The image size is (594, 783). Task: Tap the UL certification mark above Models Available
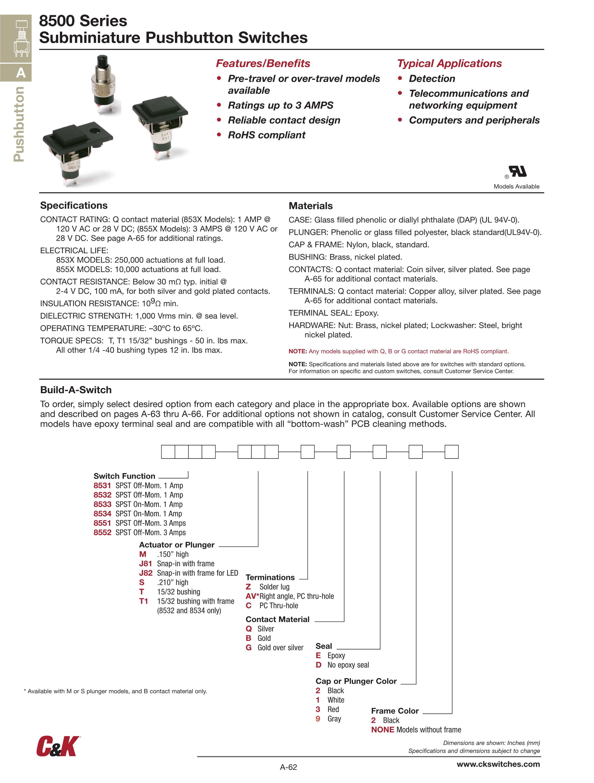(x=517, y=172)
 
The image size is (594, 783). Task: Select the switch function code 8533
(x=102, y=504)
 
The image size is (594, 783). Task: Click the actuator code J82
(x=145, y=573)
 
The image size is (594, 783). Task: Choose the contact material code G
(x=248, y=647)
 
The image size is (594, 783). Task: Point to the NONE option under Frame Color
(x=382, y=729)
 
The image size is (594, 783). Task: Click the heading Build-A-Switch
(x=76, y=390)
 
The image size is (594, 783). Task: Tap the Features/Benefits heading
(x=263, y=63)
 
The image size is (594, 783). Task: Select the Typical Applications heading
(x=449, y=63)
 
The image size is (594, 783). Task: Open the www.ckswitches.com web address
(x=498, y=764)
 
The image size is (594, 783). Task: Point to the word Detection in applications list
(x=432, y=78)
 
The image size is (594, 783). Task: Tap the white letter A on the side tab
(x=21, y=73)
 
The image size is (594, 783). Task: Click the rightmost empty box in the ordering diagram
(x=451, y=452)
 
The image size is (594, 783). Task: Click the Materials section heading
(x=311, y=206)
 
